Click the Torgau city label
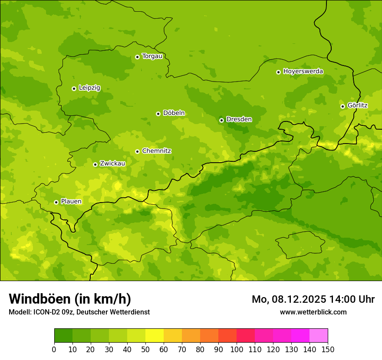pos(152,56)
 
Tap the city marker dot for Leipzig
pos(74,88)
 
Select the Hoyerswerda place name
pos(303,72)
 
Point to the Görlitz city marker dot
pos(342,106)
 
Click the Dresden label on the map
pos(239,119)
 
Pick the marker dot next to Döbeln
pos(158,114)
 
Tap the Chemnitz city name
pos(156,151)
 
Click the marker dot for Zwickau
pos(95,164)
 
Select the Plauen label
pos(71,202)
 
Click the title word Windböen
pos(40,299)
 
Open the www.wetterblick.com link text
pos(313,312)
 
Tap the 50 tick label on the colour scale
pos(145,349)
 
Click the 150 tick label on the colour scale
pos(328,349)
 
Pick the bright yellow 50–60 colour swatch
pos(155,335)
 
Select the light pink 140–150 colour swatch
pos(319,335)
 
